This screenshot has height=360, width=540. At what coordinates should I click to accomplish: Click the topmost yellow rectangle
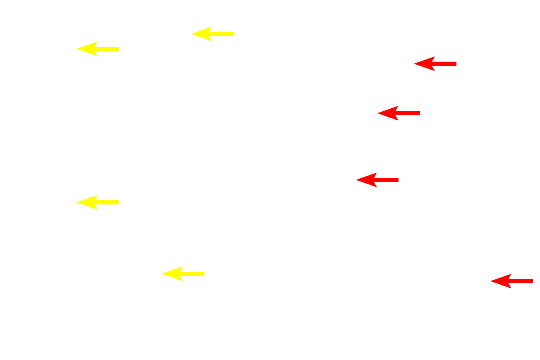[x=212, y=34]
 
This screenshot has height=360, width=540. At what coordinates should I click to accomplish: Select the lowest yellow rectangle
[x=183, y=274]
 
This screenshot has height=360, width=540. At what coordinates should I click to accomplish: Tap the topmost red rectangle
[x=435, y=64]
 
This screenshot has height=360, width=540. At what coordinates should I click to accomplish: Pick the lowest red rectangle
[x=511, y=281]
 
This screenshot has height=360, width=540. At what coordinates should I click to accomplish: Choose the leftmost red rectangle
[x=377, y=180]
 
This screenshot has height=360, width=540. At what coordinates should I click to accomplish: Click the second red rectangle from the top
[x=398, y=113]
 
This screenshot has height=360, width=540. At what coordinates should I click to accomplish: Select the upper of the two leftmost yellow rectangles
[x=98, y=49]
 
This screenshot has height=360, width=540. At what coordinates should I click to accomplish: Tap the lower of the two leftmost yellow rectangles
[x=98, y=202]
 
